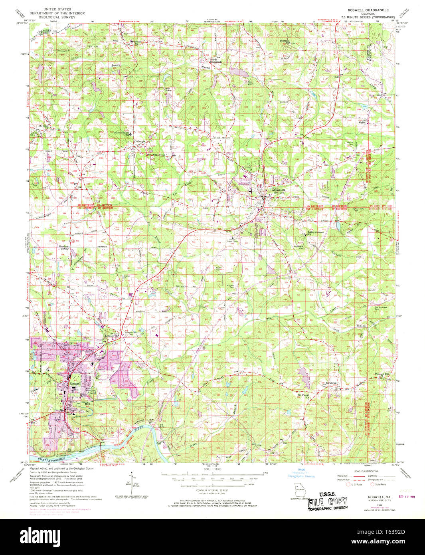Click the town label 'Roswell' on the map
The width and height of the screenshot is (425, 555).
pos(75,383)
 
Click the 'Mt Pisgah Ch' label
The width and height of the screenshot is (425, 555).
pos(304,396)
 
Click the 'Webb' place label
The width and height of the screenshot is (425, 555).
pos(362,123)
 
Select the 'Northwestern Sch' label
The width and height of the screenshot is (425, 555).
pos(122,133)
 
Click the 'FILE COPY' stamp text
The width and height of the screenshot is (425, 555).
pos(327,502)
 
